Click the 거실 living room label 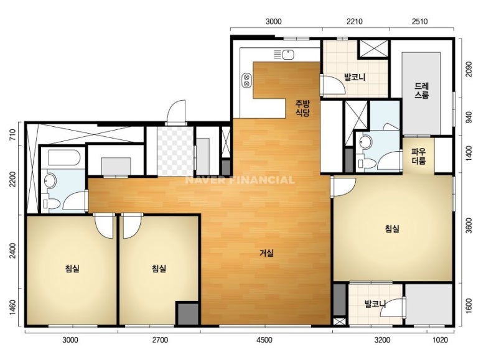click(x=266, y=253)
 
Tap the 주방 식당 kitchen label click(x=302, y=108)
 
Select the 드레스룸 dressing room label click(x=421, y=90)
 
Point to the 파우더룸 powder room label click(x=418, y=156)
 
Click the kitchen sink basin click(x=288, y=55)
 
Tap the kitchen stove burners click(x=246, y=80)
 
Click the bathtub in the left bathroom click(x=65, y=157)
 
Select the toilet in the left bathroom click(x=51, y=203)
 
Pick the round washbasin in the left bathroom click(x=50, y=181)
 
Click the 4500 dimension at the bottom click(x=264, y=339)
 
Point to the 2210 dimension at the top click(x=354, y=22)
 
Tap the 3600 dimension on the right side click(x=469, y=226)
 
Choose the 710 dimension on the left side click(x=12, y=134)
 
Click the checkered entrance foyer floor click(x=175, y=151)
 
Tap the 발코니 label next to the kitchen click(x=355, y=76)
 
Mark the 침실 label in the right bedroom click(x=392, y=229)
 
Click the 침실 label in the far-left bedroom click(x=72, y=269)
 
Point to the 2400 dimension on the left click(x=12, y=251)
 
